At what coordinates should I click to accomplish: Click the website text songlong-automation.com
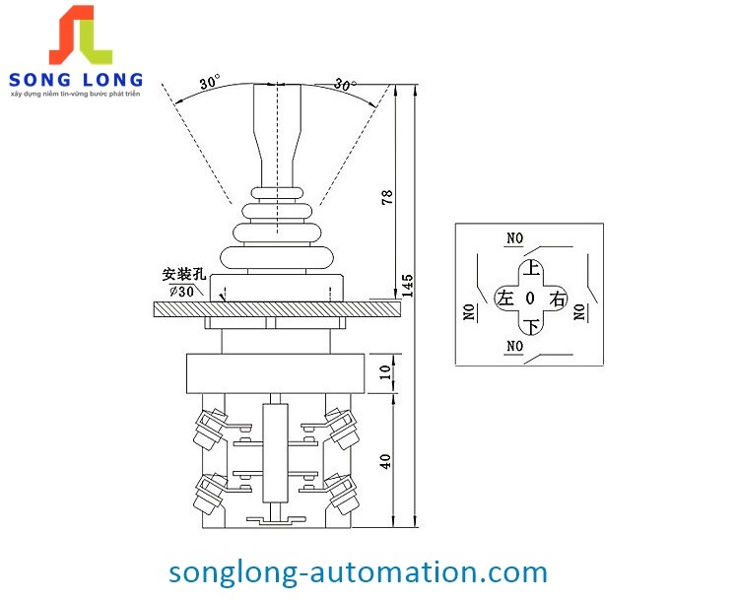click(x=358, y=571)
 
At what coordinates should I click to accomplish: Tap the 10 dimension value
click(x=387, y=373)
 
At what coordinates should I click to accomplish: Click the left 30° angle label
click(x=210, y=83)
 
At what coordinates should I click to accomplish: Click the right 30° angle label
click(x=345, y=84)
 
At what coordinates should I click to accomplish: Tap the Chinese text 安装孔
click(x=182, y=275)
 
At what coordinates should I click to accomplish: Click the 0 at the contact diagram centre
click(x=530, y=298)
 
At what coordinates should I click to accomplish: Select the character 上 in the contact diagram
click(x=531, y=268)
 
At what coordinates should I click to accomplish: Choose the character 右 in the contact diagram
click(x=558, y=299)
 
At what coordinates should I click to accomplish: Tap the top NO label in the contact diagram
click(x=513, y=237)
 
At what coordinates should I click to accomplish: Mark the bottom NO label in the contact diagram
click(x=513, y=346)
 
